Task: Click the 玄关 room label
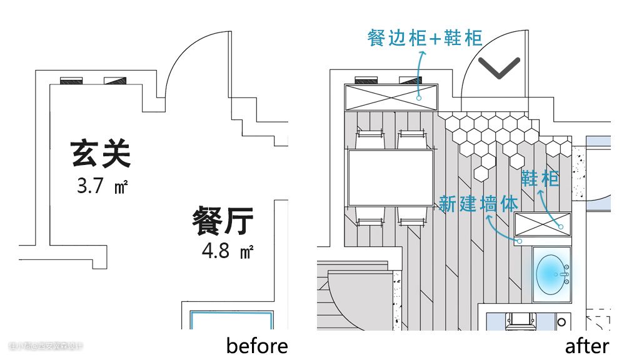[x=101, y=154]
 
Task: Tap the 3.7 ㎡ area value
[x=102, y=186]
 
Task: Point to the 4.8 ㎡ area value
[x=227, y=251]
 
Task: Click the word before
[x=257, y=346]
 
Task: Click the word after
[x=587, y=346]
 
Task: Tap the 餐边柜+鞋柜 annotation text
[x=425, y=38]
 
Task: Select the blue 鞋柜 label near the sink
[x=540, y=179]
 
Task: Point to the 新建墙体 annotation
[x=478, y=204]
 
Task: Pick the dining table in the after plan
[x=391, y=172]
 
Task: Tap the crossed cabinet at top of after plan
[x=392, y=97]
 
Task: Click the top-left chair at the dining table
[x=369, y=139]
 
